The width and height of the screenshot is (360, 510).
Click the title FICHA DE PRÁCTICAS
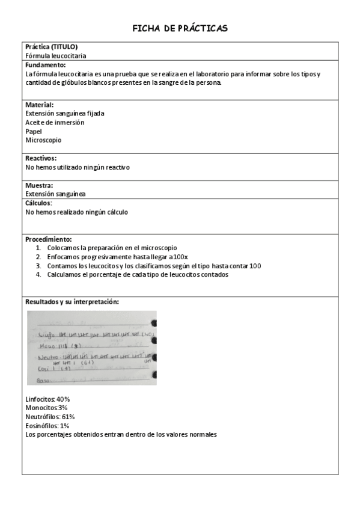click(180, 28)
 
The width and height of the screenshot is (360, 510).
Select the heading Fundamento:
click(46, 64)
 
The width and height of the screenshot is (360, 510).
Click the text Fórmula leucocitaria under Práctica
click(55, 55)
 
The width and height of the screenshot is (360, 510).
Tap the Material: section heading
click(40, 105)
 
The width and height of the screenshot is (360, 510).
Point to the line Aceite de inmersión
click(55, 122)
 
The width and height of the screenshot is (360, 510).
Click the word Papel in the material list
click(34, 131)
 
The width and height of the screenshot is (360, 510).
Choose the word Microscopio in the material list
click(43, 140)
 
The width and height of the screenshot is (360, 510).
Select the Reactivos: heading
click(41, 158)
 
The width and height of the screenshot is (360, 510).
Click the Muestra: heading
click(39, 185)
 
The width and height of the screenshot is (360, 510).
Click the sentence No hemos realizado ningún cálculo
click(76, 212)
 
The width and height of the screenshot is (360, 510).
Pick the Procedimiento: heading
click(49, 239)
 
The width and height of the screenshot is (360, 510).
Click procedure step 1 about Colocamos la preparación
click(112, 248)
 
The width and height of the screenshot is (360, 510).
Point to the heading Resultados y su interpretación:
click(72, 301)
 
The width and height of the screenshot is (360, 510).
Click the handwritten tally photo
click(91, 348)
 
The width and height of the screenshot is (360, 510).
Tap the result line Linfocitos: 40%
click(48, 399)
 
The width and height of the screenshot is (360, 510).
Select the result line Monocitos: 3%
click(46, 408)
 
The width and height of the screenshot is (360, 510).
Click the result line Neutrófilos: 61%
click(50, 416)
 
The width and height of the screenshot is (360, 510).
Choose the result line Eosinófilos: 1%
click(47, 425)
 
